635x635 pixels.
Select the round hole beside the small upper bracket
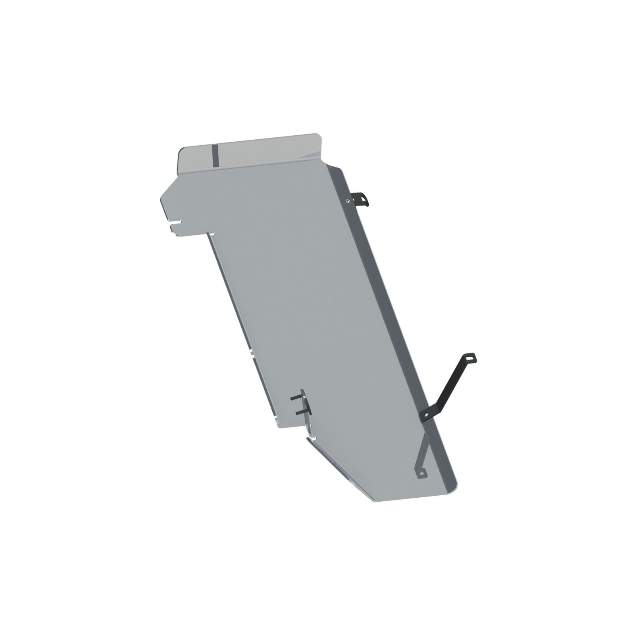(349, 201)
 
